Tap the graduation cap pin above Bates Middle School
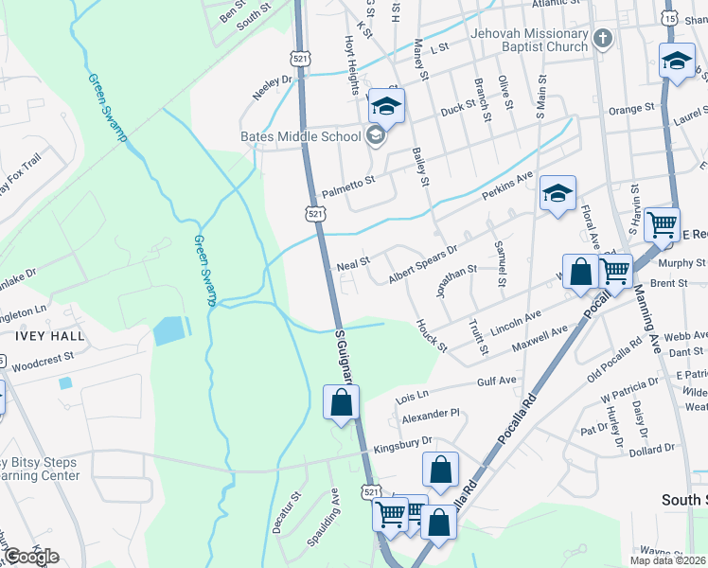386,107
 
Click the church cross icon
603,40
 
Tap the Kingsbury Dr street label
402,441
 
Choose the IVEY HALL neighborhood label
42,335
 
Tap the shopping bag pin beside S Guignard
341,402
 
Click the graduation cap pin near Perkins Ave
558,195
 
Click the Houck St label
432,335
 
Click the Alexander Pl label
430,415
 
